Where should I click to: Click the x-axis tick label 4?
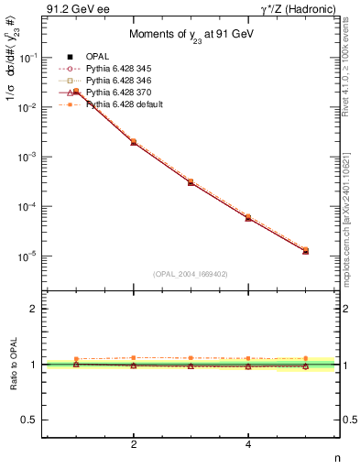click(248, 445)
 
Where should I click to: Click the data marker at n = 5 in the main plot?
click(305, 250)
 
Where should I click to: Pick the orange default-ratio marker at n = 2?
click(134, 357)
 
